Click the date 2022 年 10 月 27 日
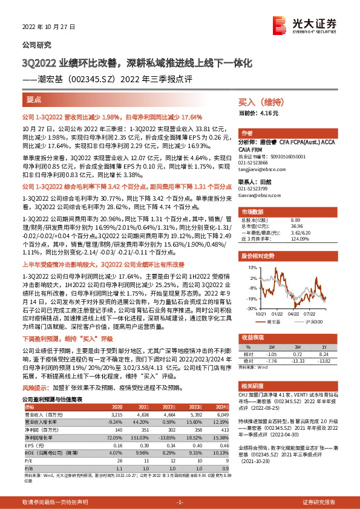[46, 28]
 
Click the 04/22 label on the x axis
[294, 314]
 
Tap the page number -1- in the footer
[180, 503]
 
